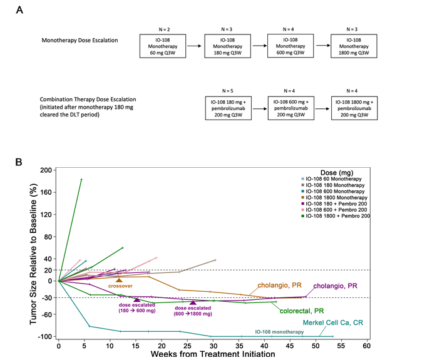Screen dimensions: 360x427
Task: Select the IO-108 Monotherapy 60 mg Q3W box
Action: point(161,46)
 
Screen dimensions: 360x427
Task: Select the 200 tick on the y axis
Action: point(46,170)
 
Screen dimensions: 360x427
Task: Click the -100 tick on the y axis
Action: point(44,337)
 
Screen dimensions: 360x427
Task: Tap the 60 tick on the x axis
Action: point(367,346)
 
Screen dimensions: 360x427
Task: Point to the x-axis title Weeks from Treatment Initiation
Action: point(212,354)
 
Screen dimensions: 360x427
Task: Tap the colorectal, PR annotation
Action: point(301,310)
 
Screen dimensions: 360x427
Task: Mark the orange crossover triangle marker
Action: point(119,280)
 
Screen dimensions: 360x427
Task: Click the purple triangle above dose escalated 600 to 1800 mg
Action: point(193,302)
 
